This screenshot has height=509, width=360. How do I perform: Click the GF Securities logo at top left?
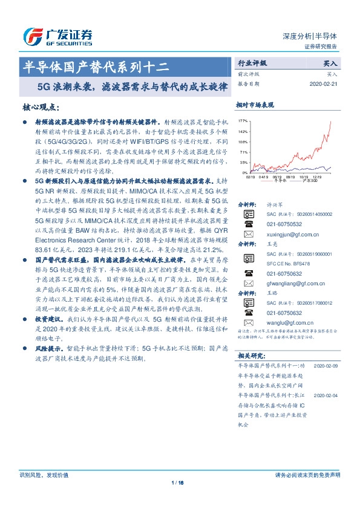57,36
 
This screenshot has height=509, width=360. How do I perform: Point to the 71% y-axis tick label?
243,152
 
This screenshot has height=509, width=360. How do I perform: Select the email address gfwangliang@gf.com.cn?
296,282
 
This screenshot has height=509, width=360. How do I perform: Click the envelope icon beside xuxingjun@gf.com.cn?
248,233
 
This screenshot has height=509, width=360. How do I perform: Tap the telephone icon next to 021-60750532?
248,224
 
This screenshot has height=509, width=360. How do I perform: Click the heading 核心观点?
41,107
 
